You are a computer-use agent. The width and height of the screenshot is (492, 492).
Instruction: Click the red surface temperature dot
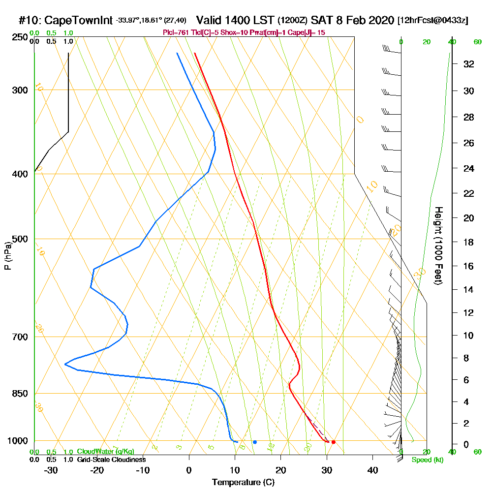point(333,442)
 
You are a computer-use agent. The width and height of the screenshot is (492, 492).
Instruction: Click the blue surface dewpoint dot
point(254,442)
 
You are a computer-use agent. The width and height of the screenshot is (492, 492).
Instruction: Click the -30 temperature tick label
point(51,470)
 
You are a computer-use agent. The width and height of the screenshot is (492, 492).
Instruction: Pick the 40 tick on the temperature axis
point(372,470)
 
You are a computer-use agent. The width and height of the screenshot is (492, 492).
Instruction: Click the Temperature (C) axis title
point(243,482)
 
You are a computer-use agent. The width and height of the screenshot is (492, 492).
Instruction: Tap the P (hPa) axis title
point(8,256)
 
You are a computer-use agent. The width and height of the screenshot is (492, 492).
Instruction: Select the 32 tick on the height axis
point(468,64)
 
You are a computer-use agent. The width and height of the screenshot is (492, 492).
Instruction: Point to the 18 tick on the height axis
point(468,242)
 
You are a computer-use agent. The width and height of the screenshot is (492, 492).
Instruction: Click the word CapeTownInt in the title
point(79,21)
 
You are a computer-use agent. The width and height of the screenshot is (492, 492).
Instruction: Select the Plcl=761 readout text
point(175,32)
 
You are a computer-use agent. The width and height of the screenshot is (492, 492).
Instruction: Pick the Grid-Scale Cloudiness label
point(111,460)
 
